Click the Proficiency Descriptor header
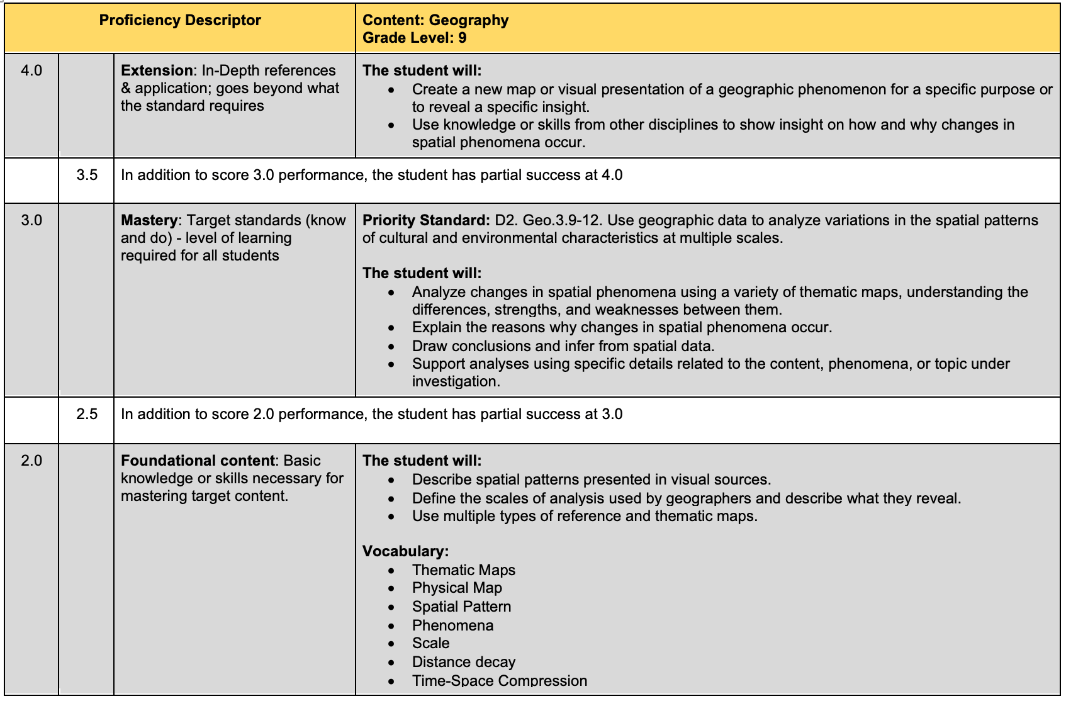click(179, 20)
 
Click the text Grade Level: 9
click(414, 38)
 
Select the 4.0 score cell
click(31, 70)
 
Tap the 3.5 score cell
click(87, 175)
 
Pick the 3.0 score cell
click(31, 220)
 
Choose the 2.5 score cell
click(87, 414)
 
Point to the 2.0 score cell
click(31, 461)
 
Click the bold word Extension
click(157, 70)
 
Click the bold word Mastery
click(149, 220)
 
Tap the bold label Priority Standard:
click(425, 220)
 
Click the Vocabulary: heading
click(405, 551)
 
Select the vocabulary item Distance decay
click(463, 662)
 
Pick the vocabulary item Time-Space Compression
click(499, 681)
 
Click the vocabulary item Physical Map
click(457, 588)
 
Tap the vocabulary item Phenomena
click(452, 625)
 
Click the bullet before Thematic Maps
click(391, 571)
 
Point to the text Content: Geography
click(435, 20)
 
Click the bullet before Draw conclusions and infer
click(391, 347)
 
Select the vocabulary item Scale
click(430, 643)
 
